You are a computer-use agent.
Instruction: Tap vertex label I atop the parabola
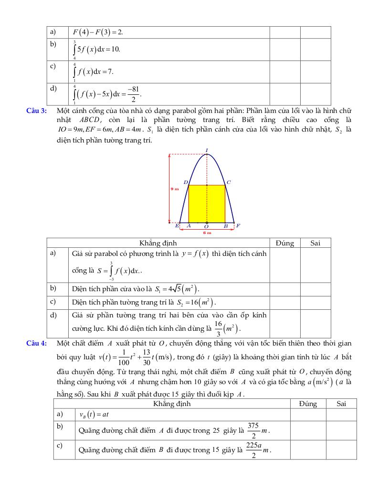(x=207, y=150)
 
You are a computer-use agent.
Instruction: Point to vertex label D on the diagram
(x=186, y=182)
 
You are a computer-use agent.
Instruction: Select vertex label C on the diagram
(x=229, y=182)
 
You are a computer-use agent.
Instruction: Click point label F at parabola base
(x=238, y=225)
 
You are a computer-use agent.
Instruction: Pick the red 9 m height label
(x=174, y=189)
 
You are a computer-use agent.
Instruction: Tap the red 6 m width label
(x=207, y=233)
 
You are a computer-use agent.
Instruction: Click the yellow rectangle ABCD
(x=207, y=204)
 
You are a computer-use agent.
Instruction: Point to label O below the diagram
(x=207, y=227)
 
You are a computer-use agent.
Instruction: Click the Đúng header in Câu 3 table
(x=285, y=243)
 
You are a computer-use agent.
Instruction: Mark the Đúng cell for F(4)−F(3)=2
(x=285, y=32)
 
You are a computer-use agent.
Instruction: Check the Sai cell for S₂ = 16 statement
(x=315, y=302)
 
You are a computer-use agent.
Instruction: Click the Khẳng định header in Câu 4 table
(x=172, y=404)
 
